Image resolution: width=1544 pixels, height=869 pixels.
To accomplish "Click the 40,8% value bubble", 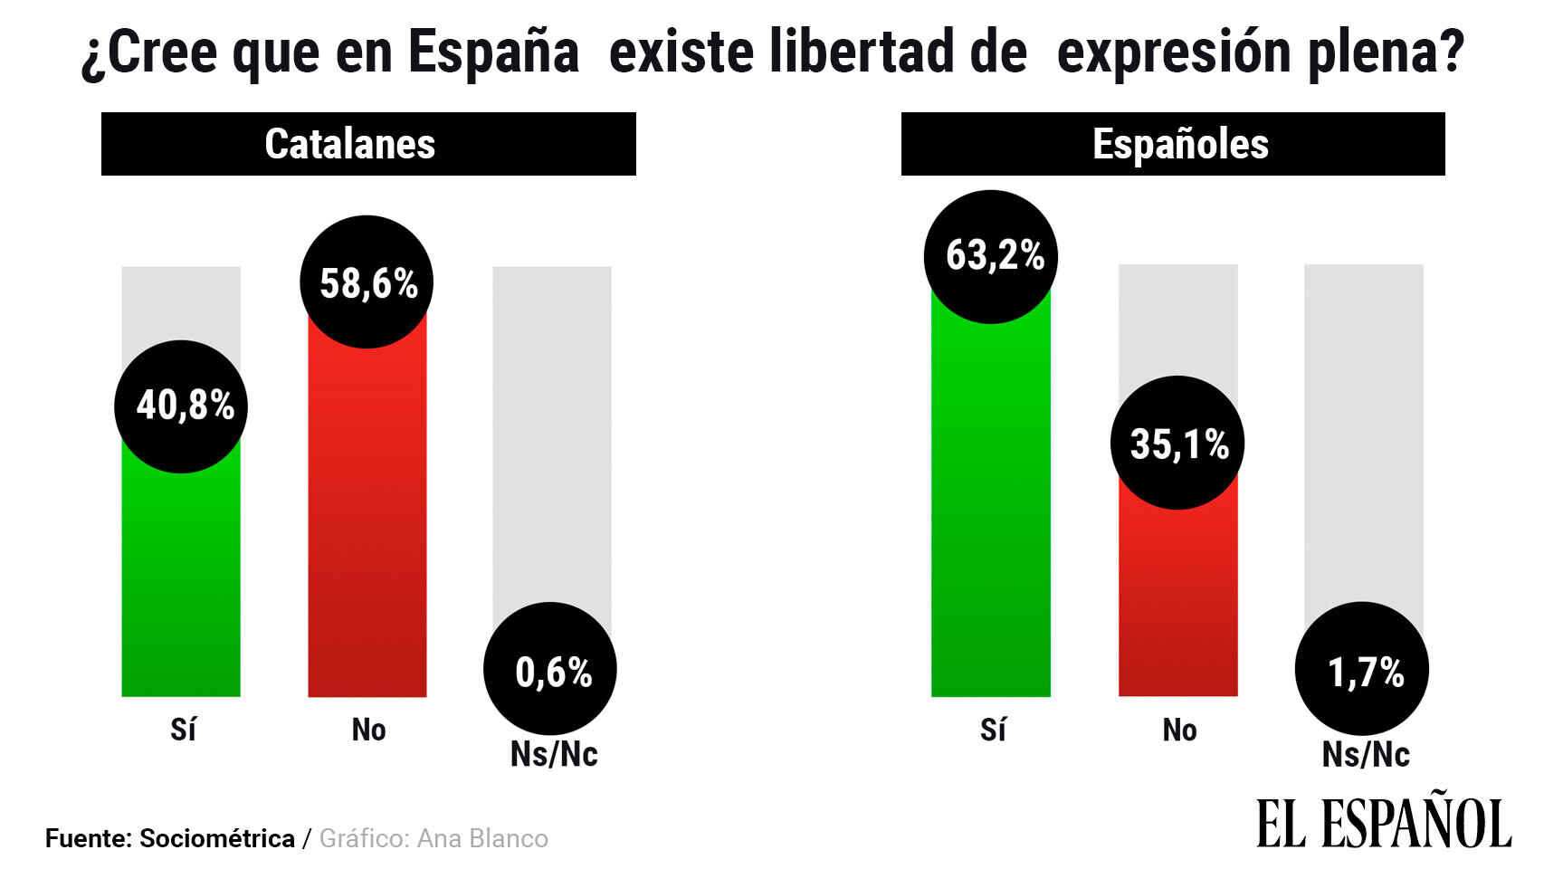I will click(181, 406).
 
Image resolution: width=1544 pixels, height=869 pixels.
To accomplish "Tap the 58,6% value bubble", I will click(367, 282).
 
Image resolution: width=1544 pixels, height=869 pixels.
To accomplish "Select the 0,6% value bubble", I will click(550, 669).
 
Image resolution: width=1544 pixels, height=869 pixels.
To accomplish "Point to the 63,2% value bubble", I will click(991, 256).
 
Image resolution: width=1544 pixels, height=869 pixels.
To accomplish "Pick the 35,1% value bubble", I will click(1177, 443).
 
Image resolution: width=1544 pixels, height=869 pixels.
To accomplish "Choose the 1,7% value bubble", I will click(1362, 669).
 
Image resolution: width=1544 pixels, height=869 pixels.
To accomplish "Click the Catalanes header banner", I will click(368, 144).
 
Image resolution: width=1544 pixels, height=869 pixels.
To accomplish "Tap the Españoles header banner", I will click(1173, 144).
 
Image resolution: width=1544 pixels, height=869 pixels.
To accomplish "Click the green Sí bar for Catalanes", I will click(181, 588).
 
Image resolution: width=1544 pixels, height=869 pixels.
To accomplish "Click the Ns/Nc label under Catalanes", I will click(554, 754).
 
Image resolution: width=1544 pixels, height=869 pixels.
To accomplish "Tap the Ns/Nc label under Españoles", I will click(1366, 754).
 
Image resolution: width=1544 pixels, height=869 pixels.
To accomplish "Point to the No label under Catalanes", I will click(368, 730).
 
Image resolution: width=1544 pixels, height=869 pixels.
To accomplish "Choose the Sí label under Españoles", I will click(993, 730).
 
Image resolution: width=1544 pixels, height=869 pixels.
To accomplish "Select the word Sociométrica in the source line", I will click(217, 839).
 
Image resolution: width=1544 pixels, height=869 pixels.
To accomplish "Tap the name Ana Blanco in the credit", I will click(482, 839).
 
